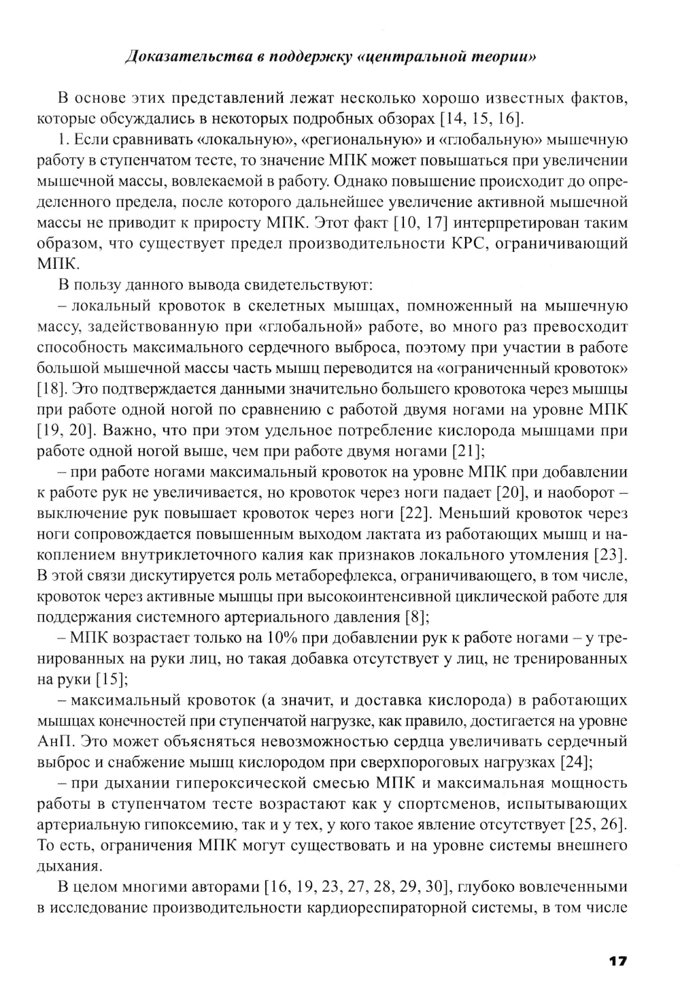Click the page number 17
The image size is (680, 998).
[x=617, y=961]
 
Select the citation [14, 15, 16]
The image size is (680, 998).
[x=481, y=118]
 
